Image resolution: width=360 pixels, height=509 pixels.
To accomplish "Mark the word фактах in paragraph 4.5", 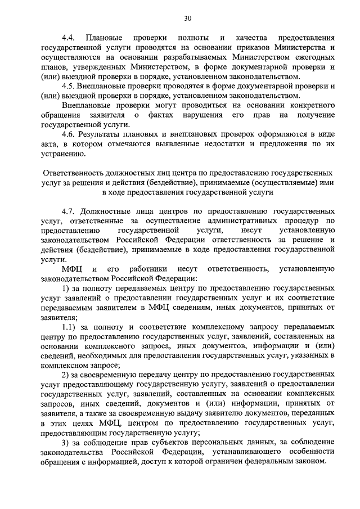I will point(166,115).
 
